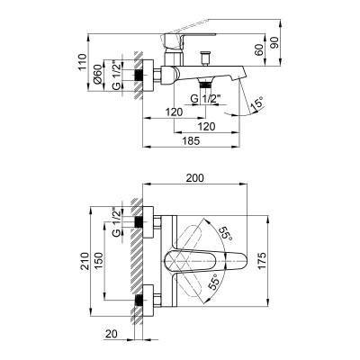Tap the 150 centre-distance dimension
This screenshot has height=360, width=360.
pyautogui.click(x=106, y=262)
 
